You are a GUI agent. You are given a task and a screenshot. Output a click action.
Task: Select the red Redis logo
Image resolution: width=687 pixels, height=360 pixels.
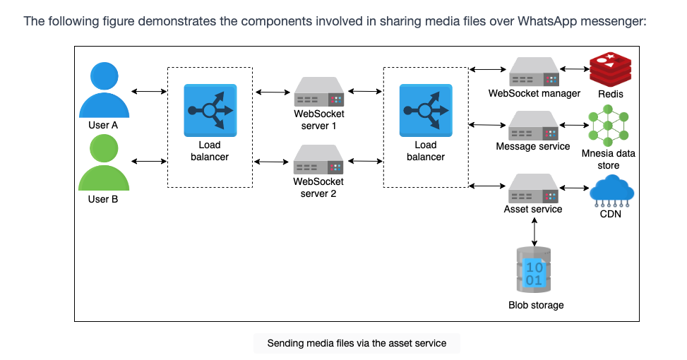click(x=610, y=69)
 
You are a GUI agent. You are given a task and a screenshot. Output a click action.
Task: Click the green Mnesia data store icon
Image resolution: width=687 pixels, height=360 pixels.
click(x=608, y=126)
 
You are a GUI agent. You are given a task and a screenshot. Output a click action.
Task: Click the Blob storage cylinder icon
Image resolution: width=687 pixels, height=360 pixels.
click(x=534, y=270)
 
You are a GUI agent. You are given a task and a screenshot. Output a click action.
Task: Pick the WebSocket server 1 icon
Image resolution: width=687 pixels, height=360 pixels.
click(x=319, y=92)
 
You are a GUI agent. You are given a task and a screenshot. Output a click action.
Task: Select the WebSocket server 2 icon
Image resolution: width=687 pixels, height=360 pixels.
click(x=318, y=160)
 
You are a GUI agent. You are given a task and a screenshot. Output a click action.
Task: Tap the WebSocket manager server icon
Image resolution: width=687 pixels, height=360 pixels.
click(x=534, y=72)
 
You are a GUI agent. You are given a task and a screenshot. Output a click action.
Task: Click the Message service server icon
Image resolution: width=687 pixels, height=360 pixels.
click(x=534, y=126)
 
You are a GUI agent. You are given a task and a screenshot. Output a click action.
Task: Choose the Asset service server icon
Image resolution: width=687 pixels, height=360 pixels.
click(x=534, y=188)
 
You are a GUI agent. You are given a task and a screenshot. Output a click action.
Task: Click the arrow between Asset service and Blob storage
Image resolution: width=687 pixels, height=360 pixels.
click(x=534, y=232)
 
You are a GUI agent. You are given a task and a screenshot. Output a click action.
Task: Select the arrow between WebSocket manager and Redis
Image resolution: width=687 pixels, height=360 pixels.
click(x=575, y=68)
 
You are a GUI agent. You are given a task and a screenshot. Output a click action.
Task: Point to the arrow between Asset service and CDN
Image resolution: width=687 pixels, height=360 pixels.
click(x=575, y=188)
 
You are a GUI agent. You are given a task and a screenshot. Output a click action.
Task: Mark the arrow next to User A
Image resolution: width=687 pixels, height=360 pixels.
click(x=149, y=92)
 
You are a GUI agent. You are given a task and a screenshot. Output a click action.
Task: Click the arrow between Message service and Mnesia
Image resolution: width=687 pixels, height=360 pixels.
click(x=574, y=125)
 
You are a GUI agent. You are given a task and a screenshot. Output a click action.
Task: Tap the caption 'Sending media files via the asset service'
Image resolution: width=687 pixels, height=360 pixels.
click(x=357, y=343)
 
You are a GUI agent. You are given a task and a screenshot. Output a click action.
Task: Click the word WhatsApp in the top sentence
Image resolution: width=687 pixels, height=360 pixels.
click(x=546, y=21)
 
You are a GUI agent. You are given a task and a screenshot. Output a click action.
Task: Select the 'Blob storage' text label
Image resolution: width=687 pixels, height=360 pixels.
click(x=536, y=305)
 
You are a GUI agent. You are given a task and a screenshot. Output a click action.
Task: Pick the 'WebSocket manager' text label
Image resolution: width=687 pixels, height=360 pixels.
click(x=534, y=93)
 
